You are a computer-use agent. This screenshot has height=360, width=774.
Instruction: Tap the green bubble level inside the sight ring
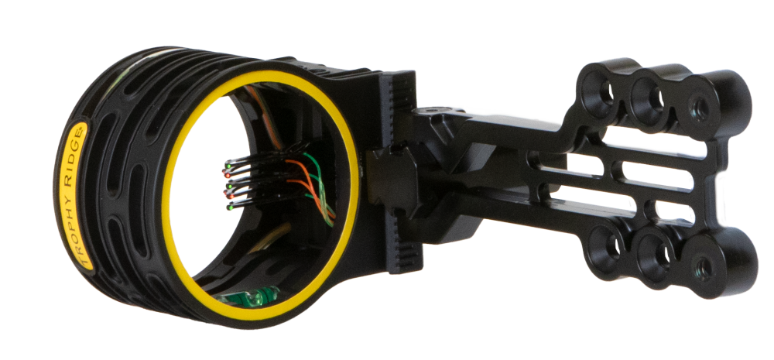coord(248,296)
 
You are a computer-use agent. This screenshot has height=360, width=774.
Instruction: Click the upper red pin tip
coord(227,175)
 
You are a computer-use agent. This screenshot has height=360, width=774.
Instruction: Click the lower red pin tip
coord(230,197)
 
